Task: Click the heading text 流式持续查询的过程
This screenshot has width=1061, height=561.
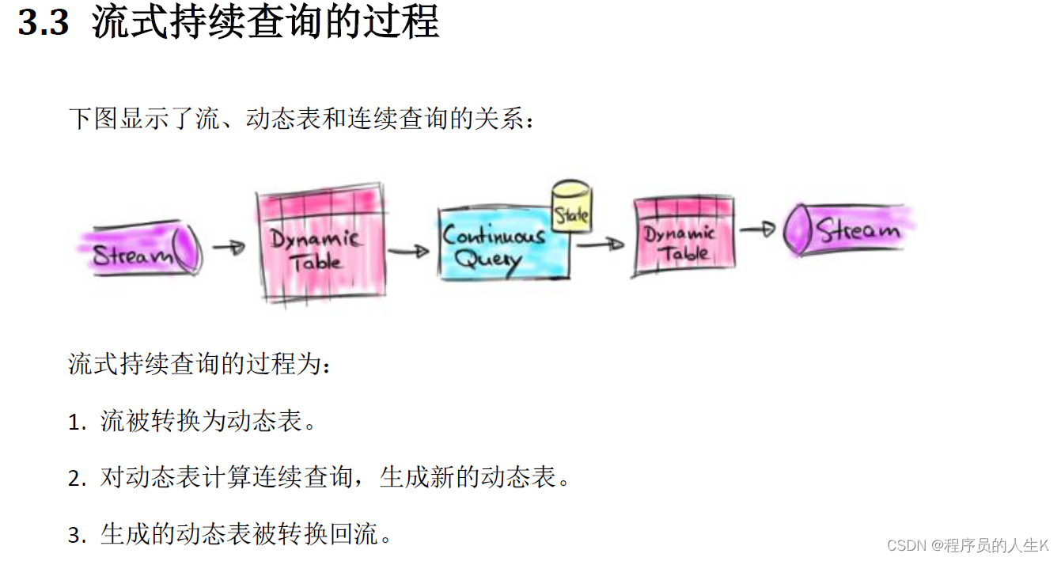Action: [x=265, y=23]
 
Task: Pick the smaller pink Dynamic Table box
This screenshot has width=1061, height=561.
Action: [x=684, y=236]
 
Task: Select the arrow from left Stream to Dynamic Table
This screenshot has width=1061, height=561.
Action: [x=229, y=248]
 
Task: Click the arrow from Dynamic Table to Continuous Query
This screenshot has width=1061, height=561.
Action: [x=408, y=251]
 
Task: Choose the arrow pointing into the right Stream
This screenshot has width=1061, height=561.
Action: [x=757, y=229]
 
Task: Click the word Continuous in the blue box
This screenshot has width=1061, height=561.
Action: [x=494, y=235]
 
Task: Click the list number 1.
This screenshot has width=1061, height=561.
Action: [x=76, y=423]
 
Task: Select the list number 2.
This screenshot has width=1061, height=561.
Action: [x=76, y=479]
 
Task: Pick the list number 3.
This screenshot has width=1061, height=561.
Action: [x=76, y=536]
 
